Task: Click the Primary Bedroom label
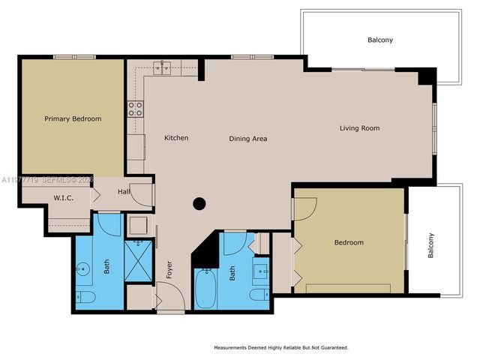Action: click(x=73, y=118)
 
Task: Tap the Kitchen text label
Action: click(x=176, y=138)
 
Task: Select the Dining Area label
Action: click(x=248, y=139)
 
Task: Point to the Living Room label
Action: click(x=359, y=128)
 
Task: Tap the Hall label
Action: click(x=124, y=192)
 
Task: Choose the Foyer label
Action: click(x=169, y=270)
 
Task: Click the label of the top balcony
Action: click(x=380, y=40)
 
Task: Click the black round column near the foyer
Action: click(x=199, y=202)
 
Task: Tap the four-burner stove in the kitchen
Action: click(x=135, y=109)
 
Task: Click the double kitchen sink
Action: click(x=162, y=67)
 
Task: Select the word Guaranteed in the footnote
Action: click(x=329, y=347)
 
